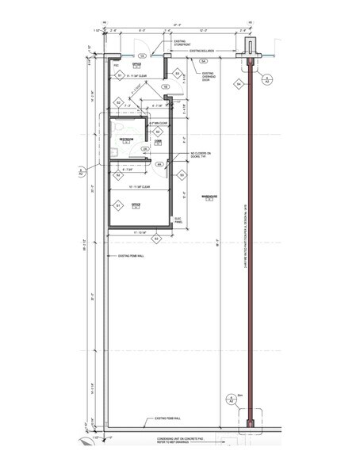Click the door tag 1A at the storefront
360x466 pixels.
pyautogui.click(x=142, y=56)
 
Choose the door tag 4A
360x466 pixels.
pyautogui.click(x=159, y=164)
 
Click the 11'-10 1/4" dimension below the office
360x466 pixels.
pyautogui.click(x=140, y=231)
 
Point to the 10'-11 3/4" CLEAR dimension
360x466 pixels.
pyautogui.click(x=141, y=189)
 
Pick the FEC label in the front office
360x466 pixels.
pyautogui.click(x=116, y=66)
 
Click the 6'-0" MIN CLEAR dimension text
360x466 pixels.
pyautogui.click(x=156, y=124)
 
